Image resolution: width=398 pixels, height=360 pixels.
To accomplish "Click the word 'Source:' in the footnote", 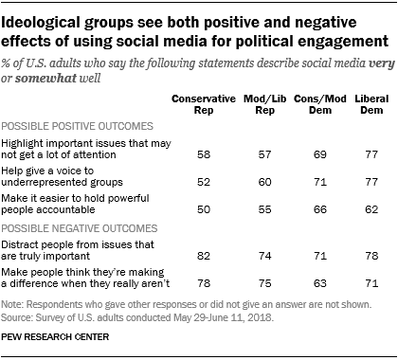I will pyautogui.click(x=21, y=318).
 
